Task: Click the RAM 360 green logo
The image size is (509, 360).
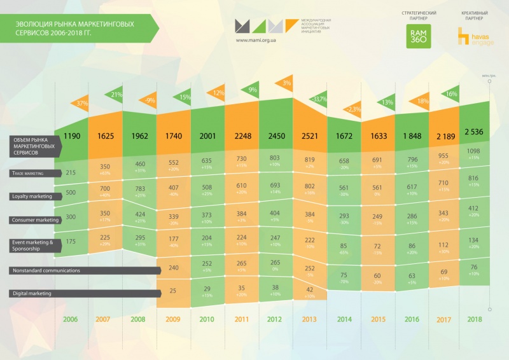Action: pyautogui.click(x=418, y=37)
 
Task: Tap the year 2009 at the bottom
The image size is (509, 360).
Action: pyautogui.click(x=172, y=319)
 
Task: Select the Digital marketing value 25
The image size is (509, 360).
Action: pyautogui.click(x=172, y=291)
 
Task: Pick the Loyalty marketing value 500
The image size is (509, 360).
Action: pyautogui.click(x=72, y=193)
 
